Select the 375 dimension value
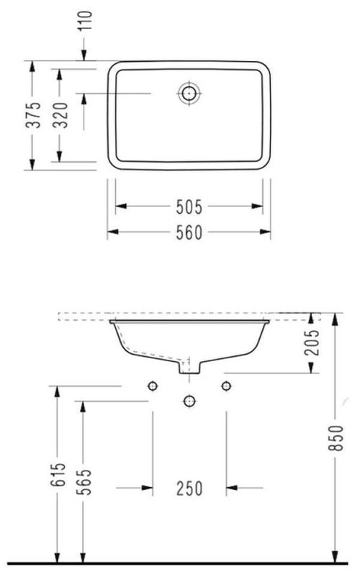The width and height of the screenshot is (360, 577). tap(32, 115)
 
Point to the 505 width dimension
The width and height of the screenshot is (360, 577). tap(189, 206)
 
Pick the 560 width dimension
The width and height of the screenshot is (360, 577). tap(189, 232)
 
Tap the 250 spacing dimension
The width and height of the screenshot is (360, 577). tap(189, 489)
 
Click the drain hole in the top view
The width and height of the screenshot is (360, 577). tap(189, 93)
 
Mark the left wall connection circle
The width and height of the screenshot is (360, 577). tap(152, 386)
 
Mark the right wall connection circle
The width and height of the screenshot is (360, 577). tap(226, 386)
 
